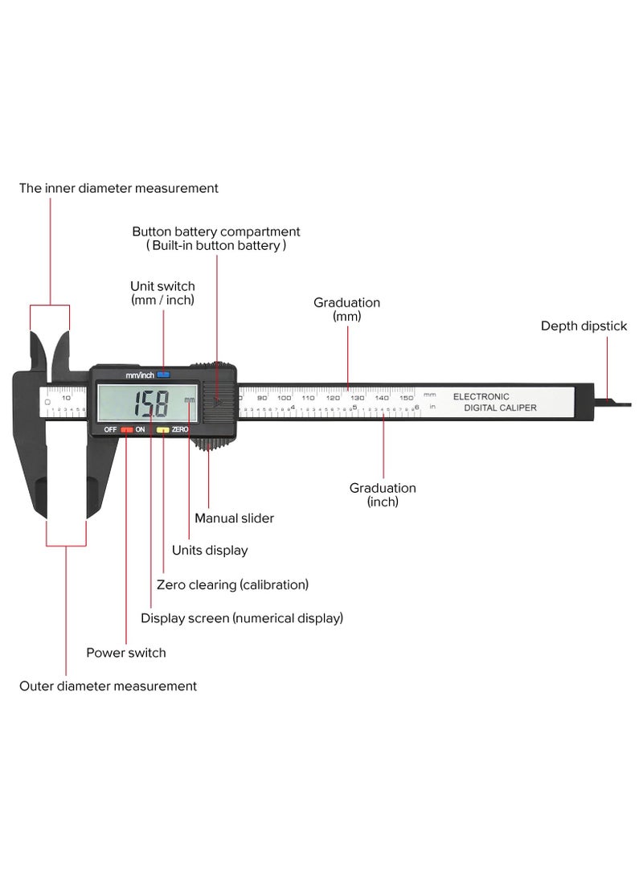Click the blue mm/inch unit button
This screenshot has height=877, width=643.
[x=164, y=375]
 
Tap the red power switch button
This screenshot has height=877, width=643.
[x=127, y=430]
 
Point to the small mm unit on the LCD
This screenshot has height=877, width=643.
[x=189, y=400]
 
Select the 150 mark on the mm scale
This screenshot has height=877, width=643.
[x=406, y=397]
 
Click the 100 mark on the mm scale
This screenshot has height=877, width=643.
[x=285, y=397]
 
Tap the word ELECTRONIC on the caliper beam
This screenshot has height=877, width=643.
[x=481, y=396]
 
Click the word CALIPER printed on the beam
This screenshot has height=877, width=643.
[x=518, y=408]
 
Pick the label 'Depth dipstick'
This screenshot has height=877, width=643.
[x=584, y=326]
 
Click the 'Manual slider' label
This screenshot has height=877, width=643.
[x=234, y=518]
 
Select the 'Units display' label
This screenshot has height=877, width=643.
[x=210, y=551]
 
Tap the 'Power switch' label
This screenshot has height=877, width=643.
[x=126, y=653]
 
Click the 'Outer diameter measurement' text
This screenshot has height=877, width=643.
[x=108, y=686]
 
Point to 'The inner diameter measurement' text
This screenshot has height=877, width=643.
[x=119, y=188]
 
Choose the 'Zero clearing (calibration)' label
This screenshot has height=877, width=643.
[x=232, y=584]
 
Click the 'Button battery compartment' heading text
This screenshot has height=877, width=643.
[x=216, y=232]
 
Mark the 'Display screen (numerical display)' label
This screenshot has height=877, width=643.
[x=242, y=618]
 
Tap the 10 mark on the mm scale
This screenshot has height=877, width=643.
[x=66, y=397]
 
